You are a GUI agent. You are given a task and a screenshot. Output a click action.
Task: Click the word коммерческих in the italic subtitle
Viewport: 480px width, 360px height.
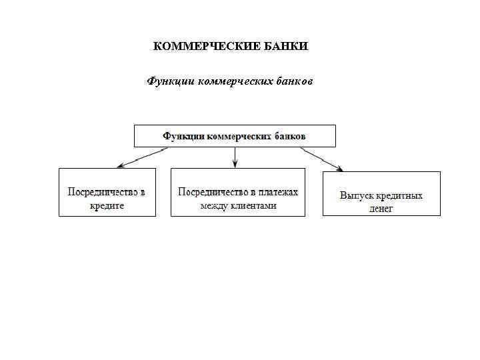234,82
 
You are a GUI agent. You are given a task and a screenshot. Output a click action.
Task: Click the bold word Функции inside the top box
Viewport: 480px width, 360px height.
184,136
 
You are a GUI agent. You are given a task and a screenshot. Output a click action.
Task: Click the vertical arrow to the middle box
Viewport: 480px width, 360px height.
235,157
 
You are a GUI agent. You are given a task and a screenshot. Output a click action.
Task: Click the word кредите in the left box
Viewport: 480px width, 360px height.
107,207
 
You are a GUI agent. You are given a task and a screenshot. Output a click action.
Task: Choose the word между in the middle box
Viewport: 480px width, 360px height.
214,206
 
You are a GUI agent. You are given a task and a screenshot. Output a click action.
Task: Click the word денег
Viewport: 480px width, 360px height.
381,209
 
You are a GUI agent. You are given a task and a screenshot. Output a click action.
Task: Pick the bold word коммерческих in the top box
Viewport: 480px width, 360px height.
238,136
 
